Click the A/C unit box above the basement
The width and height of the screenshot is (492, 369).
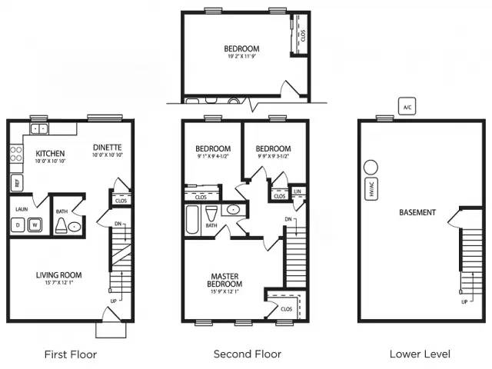click(407, 107)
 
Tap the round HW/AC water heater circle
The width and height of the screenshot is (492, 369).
click(371, 168)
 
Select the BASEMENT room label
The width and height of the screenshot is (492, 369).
click(417, 212)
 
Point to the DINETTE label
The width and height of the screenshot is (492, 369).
click(108, 148)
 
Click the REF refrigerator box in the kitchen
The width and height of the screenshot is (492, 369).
click(15, 183)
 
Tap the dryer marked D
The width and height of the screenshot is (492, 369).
click(18, 224)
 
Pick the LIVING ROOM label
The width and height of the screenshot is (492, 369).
click(58, 274)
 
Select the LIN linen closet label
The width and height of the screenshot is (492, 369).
click(298, 191)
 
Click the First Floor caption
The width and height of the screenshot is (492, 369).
click(71, 354)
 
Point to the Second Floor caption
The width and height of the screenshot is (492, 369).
click(247, 354)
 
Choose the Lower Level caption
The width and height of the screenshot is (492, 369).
click(420, 354)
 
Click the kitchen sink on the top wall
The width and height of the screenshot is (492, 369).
click(38, 128)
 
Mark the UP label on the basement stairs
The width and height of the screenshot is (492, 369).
click(464, 302)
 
